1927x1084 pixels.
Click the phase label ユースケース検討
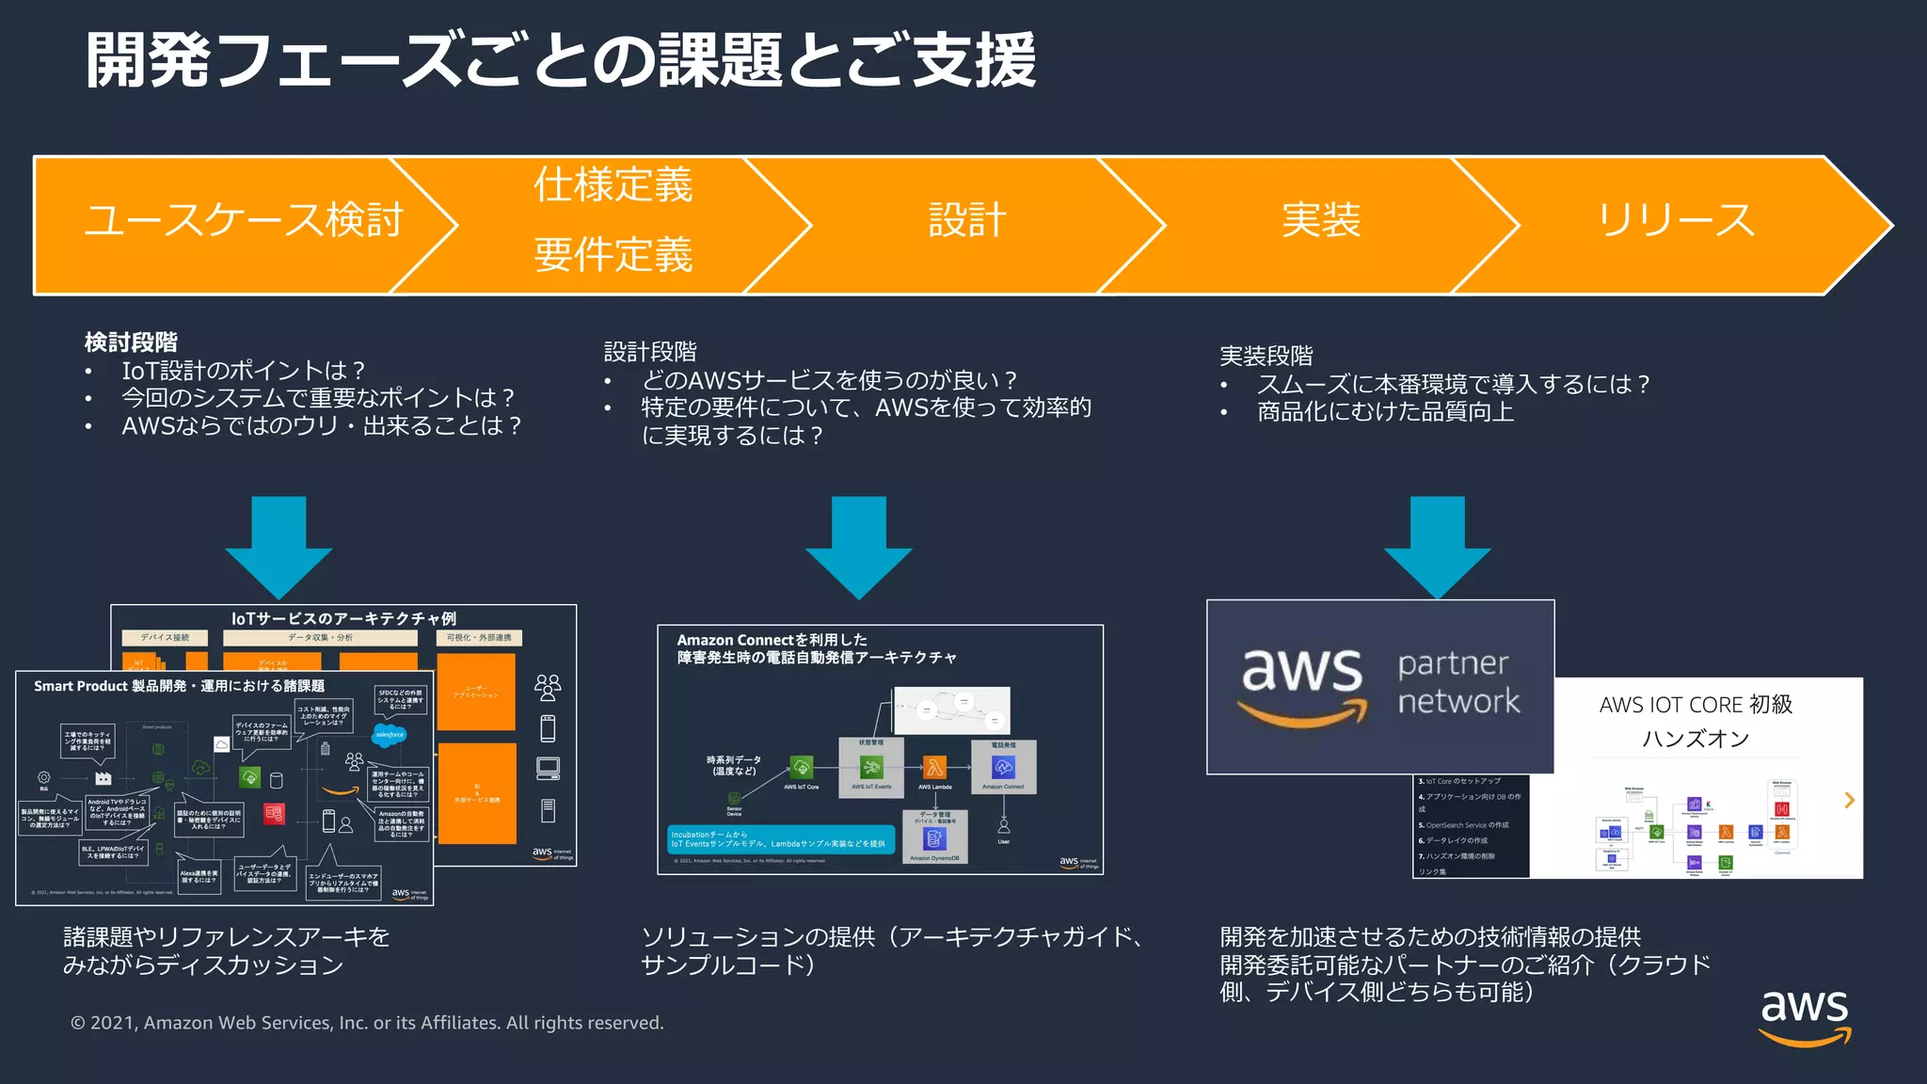click(244, 220)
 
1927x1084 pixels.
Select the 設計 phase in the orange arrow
click(967, 220)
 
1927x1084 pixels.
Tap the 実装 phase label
click(1321, 220)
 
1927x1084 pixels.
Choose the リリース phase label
click(1676, 220)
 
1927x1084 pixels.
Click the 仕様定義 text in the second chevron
click(613, 184)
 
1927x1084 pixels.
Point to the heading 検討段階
click(131, 343)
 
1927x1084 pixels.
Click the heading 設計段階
click(650, 352)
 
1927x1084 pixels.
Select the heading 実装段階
click(1266, 356)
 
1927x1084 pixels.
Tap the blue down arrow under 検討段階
click(279, 546)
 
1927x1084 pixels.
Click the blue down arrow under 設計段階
click(858, 546)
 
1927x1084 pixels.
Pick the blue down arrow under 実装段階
click(1437, 546)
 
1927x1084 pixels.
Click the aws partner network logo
click(1380, 687)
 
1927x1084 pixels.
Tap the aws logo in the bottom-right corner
click(1805, 1016)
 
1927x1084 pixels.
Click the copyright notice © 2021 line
click(367, 1023)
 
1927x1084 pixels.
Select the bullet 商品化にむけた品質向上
click(1385, 412)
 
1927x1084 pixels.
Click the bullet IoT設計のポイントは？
click(243, 371)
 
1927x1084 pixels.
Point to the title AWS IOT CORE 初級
click(1696, 705)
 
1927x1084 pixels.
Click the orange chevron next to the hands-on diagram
click(1849, 800)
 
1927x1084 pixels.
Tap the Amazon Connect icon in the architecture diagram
click(1003, 768)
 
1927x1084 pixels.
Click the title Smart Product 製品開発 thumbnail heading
click(179, 686)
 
